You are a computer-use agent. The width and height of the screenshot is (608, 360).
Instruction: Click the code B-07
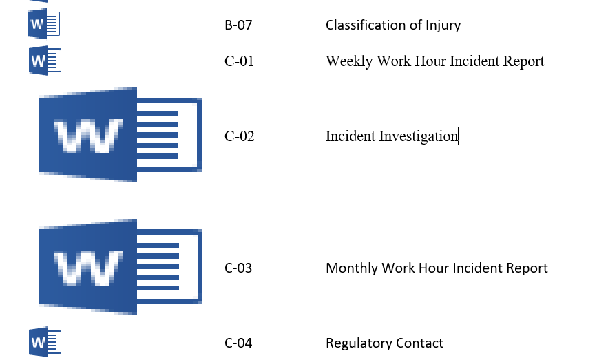click(238, 25)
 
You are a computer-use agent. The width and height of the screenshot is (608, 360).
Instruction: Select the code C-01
click(239, 61)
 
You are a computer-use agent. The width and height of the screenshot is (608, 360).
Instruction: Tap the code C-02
click(239, 136)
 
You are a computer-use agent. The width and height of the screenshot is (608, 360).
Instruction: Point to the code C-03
click(238, 268)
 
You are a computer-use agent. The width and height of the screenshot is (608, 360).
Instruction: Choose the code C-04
click(238, 343)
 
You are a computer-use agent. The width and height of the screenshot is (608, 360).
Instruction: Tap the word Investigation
click(419, 137)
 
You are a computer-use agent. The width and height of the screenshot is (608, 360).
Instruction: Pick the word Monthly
click(352, 268)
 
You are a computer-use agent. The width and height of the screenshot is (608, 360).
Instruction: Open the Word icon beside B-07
click(44, 24)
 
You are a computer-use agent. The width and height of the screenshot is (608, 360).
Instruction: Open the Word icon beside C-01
click(45, 61)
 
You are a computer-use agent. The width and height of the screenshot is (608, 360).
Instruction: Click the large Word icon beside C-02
click(120, 135)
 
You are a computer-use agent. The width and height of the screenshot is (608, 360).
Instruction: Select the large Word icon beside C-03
click(120, 266)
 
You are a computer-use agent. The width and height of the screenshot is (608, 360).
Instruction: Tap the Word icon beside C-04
click(45, 342)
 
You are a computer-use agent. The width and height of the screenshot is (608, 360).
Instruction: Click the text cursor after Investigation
click(459, 136)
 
